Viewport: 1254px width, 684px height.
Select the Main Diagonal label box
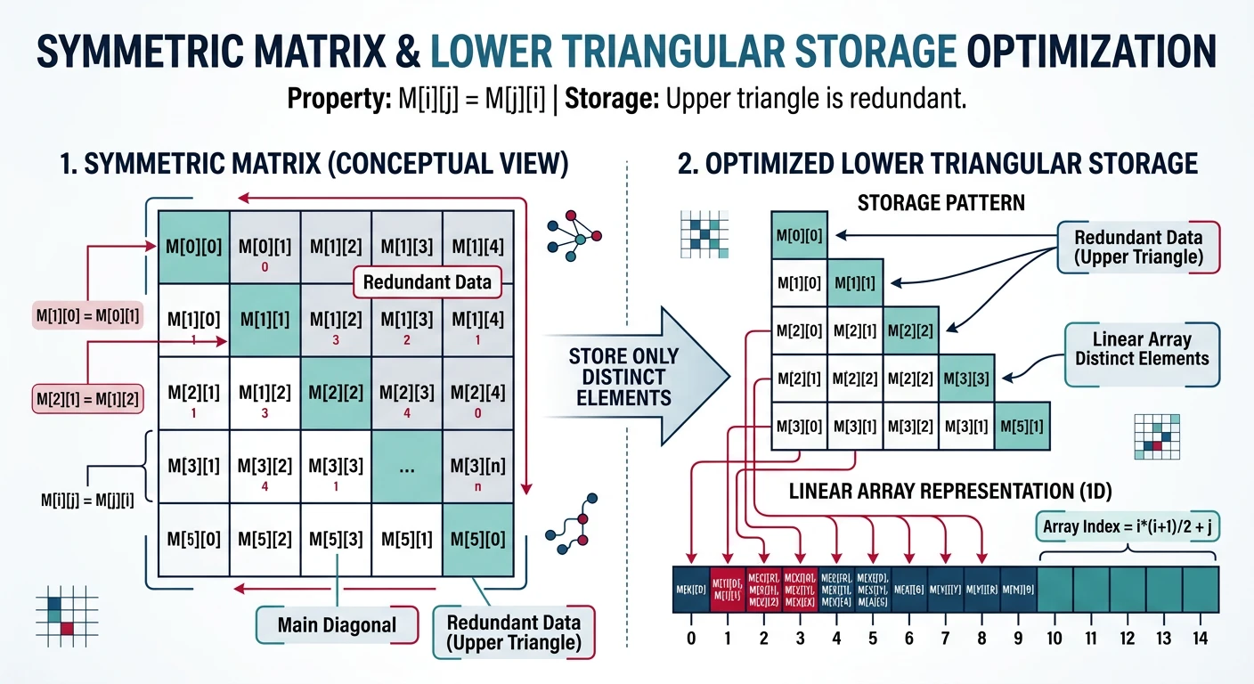pyautogui.click(x=336, y=624)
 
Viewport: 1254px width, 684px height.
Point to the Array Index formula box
pyautogui.click(x=1128, y=527)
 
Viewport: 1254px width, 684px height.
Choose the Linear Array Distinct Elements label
pyautogui.click(x=1142, y=348)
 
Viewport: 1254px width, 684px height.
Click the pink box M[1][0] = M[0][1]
pyautogui.click(x=89, y=316)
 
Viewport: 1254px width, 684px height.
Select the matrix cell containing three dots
pyautogui.click(x=406, y=466)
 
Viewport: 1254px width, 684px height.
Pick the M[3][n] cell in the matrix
pyautogui.click(x=477, y=466)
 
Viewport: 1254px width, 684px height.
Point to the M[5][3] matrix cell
pyautogui.click(x=336, y=539)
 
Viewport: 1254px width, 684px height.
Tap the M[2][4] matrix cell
pyautogui.click(x=477, y=393)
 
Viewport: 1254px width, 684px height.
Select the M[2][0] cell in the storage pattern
pyautogui.click(x=799, y=331)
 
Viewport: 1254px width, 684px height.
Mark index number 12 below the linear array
pyautogui.click(x=1128, y=638)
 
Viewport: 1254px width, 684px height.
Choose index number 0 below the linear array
pyautogui.click(x=691, y=638)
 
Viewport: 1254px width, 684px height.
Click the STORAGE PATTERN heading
pyautogui.click(x=940, y=202)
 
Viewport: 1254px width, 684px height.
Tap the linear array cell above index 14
pyautogui.click(x=1201, y=590)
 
